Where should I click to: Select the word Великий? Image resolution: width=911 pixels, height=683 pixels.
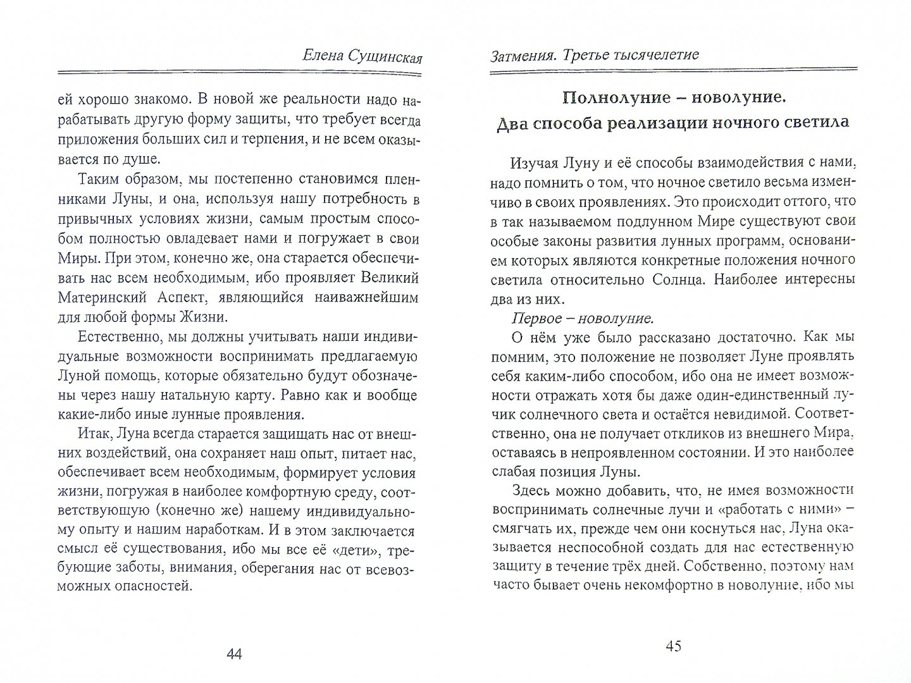[391, 278]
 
